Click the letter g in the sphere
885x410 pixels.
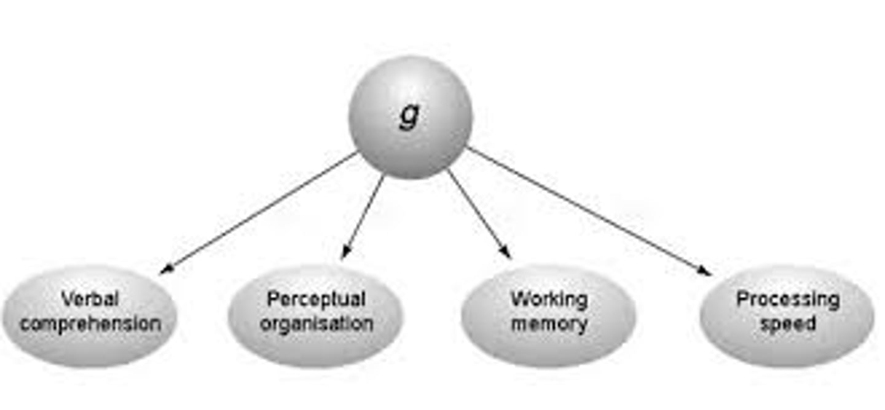(x=409, y=115)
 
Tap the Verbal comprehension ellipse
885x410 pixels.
(x=90, y=342)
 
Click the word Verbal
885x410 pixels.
(x=90, y=300)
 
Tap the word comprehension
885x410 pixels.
(x=90, y=323)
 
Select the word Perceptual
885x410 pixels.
(x=316, y=299)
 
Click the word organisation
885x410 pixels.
(x=316, y=323)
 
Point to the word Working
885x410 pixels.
(x=549, y=300)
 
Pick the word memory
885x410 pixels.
(x=549, y=323)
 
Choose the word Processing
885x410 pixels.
(x=788, y=300)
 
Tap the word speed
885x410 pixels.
(x=788, y=323)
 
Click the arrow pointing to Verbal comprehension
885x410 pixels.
(x=258, y=213)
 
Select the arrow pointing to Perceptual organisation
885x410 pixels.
(x=363, y=216)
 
